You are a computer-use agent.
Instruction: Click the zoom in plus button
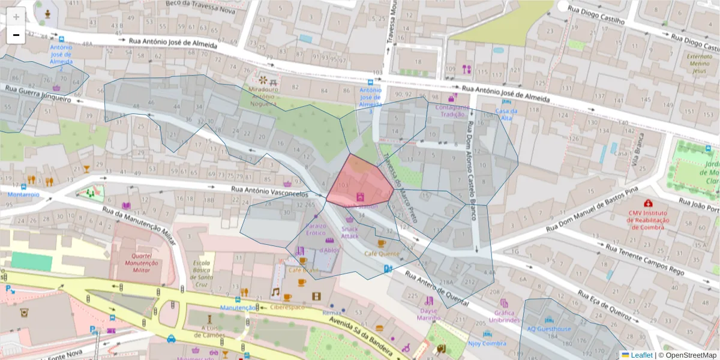[x=16, y=17]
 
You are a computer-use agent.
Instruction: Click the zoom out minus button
[x=16, y=35]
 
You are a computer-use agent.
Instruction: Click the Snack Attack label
[x=350, y=232]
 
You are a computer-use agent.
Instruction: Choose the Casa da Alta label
[x=506, y=115]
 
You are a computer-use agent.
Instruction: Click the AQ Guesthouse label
[x=549, y=329]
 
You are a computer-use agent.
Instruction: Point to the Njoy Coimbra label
[x=486, y=343]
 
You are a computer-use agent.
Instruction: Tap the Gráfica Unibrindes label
[x=504, y=316]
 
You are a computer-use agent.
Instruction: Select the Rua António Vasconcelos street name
[x=270, y=191]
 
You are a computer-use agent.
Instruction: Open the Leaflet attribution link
[x=641, y=355]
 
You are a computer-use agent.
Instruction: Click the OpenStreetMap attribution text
[x=689, y=355]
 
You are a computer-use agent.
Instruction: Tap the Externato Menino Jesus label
[x=696, y=63]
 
